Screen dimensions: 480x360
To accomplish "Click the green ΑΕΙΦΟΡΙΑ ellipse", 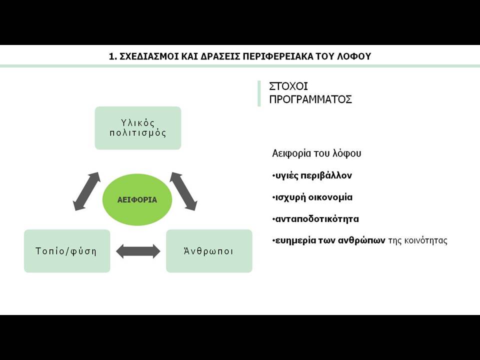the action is [137, 199].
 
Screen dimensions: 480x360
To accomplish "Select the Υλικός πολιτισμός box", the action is [138, 128].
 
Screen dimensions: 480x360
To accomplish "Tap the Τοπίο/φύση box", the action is [67, 251].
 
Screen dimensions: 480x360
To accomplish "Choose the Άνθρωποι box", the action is [209, 251].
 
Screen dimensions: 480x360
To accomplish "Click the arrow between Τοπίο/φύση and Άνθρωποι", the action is [138, 251].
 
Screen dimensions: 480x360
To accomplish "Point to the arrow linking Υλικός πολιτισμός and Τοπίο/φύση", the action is [87, 191].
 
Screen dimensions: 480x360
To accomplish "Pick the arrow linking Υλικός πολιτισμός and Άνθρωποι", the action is [183, 191].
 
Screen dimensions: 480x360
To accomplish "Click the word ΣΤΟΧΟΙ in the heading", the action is [288, 86].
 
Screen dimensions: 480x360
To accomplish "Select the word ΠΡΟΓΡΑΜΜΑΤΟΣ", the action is [310, 99].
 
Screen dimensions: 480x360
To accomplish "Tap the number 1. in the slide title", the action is [113, 56].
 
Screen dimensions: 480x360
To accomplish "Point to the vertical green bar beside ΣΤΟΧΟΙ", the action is [259, 93].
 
